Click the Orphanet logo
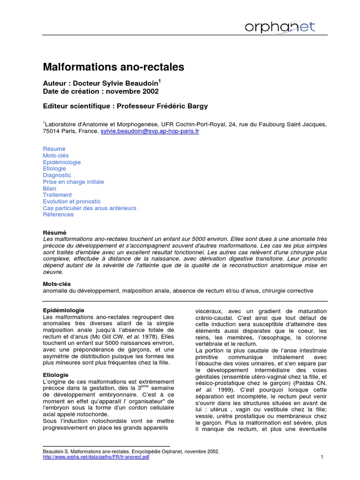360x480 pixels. click(x=280, y=27)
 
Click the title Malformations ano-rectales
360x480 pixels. click(x=113, y=67)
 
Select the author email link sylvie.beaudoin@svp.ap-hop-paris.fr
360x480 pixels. click(x=150, y=132)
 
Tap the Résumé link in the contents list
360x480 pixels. click(x=54, y=149)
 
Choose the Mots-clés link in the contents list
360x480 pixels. click(x=56, y=155)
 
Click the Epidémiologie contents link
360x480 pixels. click(x=62, y=162)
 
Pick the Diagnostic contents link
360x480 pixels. click(x=57, y=175)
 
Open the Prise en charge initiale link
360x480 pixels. click(x=74, y=182)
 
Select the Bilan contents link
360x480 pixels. click(x=50, y=188)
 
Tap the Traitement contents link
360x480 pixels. click(x=57, y=195)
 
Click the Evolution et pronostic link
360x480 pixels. click(x=71, y=202)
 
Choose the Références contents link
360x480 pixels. click(x=58, y=215)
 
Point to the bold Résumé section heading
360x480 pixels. click(x=54, y=232)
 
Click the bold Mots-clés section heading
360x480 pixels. click(x=56, y=284)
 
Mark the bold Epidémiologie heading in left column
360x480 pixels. click(x=64, y=310)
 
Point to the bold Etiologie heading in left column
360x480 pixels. click(x=56, y=375)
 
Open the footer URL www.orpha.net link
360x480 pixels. click(x=96, y=457)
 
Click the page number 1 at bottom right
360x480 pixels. click(x=322, y=457)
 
